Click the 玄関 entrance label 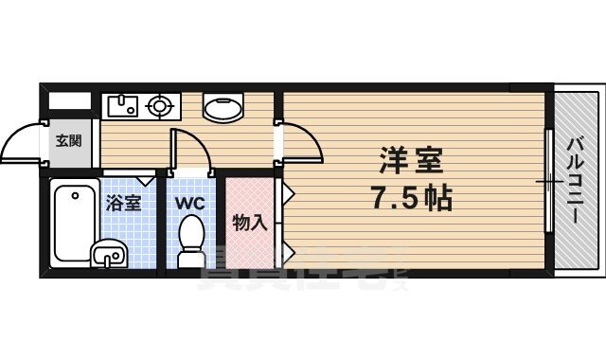click(x=68, y=142)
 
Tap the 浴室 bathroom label click(x=122, y=202)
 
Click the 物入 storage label click(x=250, y=224)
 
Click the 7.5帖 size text click(x=410, y=200)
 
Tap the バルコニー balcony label click(x=576, y=181)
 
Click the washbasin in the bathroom click(x=108, y=254)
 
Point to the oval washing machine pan click(x=223, y=109)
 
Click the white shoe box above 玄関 click(x=69, y=99)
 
